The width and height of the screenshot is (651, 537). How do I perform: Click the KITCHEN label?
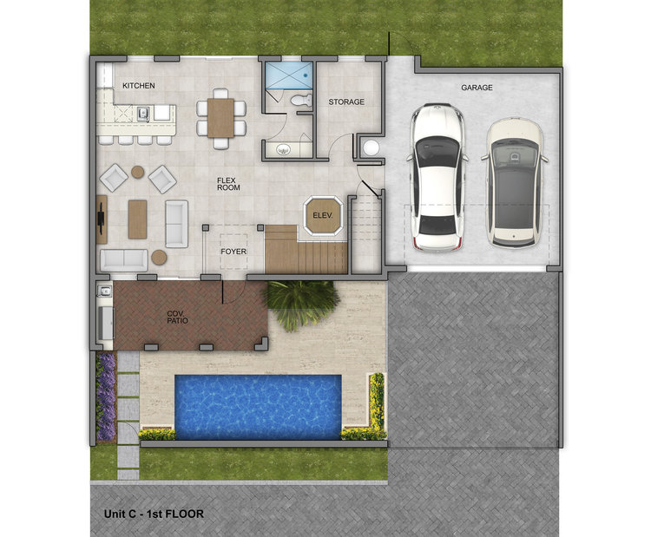[x=139, y=86]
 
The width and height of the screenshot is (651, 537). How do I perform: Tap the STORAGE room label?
[x=346, y=102]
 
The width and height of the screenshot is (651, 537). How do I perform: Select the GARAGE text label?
[x=477, y=88]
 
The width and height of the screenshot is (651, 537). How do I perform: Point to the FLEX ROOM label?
[x=228, y=184]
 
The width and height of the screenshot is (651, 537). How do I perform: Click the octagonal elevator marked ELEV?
[x=324, y=216]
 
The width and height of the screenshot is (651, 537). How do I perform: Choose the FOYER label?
[x=233, y=252]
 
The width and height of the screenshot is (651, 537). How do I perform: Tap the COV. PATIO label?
[x=177, y=317]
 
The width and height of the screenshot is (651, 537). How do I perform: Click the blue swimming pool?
[x=258, y=407]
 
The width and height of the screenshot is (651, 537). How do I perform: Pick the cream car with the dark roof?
[x=515, y=183]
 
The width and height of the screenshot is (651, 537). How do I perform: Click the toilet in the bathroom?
[x=301, y=100]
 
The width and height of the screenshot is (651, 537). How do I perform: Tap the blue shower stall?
[x=288, y=75]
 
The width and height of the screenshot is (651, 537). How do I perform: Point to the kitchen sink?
[x=143, y=113]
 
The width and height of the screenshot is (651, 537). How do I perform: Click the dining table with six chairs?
[x=220, y=118]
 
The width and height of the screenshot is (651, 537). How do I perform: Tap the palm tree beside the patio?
[x=299, y=302]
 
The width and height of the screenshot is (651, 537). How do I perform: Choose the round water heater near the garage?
[x=371, y=148]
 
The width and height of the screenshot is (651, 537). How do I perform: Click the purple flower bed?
[x=106, y=396]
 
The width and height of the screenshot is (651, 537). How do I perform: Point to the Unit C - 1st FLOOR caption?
[x=154, y=514]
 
